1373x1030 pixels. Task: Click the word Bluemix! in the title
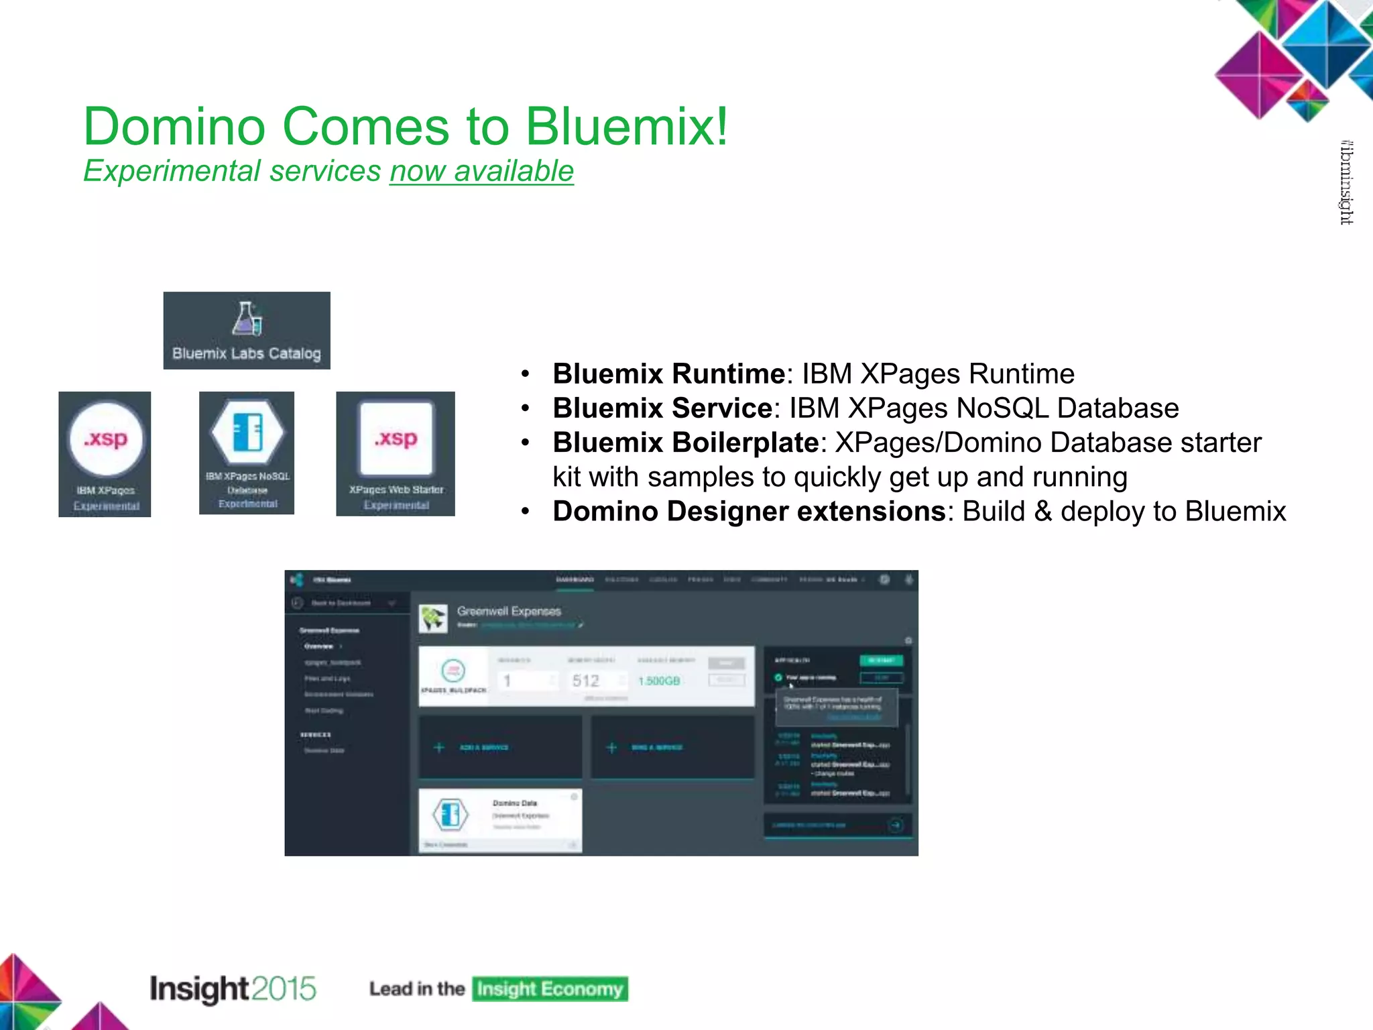point(626,127)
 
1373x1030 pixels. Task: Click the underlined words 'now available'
point(481,171)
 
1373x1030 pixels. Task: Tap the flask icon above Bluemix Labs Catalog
point(247,319)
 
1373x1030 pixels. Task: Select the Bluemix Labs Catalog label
point(247,353)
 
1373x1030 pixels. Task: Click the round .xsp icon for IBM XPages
point(106,439)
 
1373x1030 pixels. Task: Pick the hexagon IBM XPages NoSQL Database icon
point(247,433)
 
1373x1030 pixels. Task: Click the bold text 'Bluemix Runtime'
point(668,374)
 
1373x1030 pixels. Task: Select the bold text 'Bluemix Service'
point(662,408)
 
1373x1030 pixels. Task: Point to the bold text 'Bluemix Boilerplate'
point(685,443)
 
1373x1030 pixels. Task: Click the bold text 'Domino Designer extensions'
point(748,511)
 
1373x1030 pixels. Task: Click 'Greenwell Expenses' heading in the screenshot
point(509,611)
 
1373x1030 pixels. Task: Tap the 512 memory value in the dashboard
point(585,681)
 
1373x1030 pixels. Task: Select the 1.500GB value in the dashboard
point(659,681)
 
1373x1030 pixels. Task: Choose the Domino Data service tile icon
point(451,814)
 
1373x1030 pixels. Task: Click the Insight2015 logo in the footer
point(232,989)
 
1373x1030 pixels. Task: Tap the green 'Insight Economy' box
point(550,989)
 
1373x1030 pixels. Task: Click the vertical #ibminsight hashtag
point(1346,182)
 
